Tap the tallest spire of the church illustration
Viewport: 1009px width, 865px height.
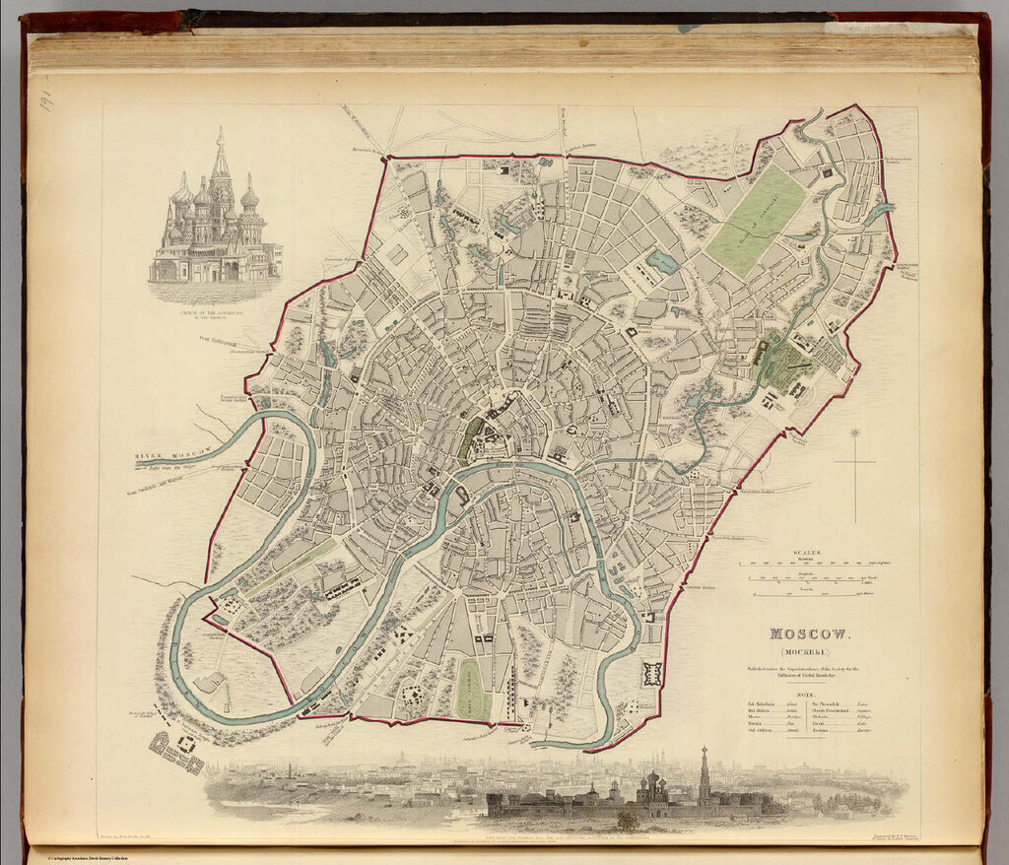coord(221,153)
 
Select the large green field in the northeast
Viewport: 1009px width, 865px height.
coord(757,220)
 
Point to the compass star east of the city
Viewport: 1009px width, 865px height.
coord(855,433)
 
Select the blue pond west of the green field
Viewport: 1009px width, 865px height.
coord(662,261)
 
